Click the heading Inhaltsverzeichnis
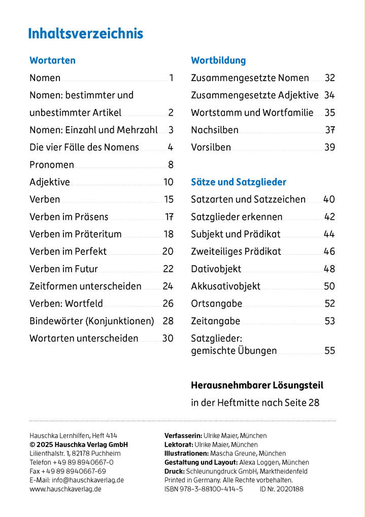85,34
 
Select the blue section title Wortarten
52,60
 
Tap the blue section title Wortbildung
218,60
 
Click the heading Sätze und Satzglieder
239,182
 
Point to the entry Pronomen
52,165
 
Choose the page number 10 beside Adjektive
169,182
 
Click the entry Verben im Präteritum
76,234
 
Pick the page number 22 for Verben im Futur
168,269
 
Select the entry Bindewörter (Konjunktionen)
92,321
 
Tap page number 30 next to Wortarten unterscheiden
168,338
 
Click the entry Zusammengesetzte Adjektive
255,95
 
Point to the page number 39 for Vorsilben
329,147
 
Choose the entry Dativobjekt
216,269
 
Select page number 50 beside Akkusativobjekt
329,286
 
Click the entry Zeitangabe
216,321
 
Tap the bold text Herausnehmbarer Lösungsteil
257,385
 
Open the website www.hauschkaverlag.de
65,489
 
